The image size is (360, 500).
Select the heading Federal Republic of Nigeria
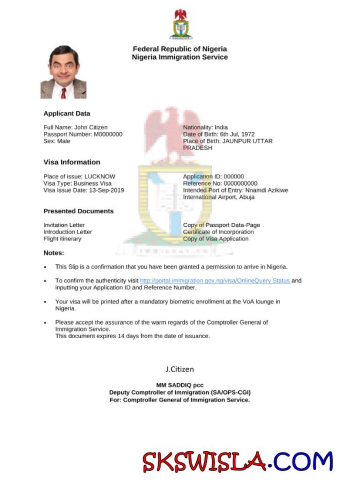coord(180,49)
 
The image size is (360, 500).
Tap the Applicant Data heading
coord(66,113)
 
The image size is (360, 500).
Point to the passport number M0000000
coord(108,134)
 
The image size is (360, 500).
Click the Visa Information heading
coord(72,162)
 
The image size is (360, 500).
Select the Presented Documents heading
coord(78,211)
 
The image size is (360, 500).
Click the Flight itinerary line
coord(62,239)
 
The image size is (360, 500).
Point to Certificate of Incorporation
coord(218,232)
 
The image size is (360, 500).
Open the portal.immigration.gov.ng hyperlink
coord(215,281)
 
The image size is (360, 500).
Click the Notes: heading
coord(54,253)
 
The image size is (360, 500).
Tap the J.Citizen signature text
coord(179,369)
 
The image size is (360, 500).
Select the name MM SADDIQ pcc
coord(180,385)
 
